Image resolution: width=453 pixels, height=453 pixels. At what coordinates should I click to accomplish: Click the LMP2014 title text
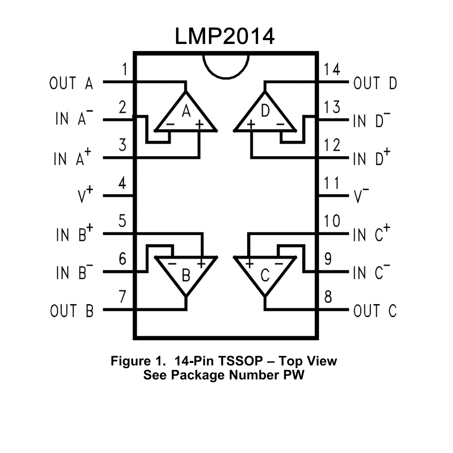point(225,36)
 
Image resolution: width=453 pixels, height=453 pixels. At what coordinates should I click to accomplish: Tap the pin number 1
point(125,69)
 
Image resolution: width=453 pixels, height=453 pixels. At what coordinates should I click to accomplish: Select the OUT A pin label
point(71,83)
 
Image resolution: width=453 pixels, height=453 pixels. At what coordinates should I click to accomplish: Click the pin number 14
point(332,69)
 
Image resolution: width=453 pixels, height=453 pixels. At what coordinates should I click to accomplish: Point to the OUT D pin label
point(375,83)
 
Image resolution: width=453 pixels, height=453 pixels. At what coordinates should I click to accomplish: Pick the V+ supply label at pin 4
point(85,195)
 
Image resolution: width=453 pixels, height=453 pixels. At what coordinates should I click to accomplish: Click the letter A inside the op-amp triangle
point(186,111)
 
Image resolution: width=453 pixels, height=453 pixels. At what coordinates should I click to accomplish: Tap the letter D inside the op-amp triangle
point(265,111)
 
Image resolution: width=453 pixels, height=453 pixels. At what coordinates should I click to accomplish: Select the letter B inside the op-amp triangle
point(186,276)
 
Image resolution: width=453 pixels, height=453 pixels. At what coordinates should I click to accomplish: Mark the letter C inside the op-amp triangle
point(265,276)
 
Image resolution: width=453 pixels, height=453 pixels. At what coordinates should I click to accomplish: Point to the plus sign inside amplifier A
point(200,125)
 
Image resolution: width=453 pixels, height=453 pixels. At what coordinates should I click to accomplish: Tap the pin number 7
point(122,297)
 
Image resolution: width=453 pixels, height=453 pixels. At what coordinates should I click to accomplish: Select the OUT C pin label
point(375,311)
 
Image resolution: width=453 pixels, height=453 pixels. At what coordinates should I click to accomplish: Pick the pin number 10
point(332,221)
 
